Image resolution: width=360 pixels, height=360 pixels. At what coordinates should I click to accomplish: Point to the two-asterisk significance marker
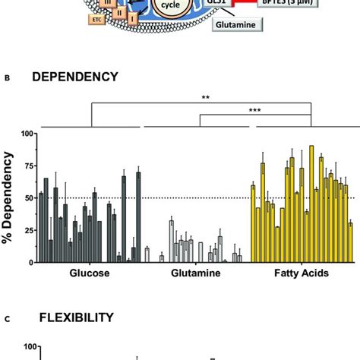[x=206, y=98]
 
